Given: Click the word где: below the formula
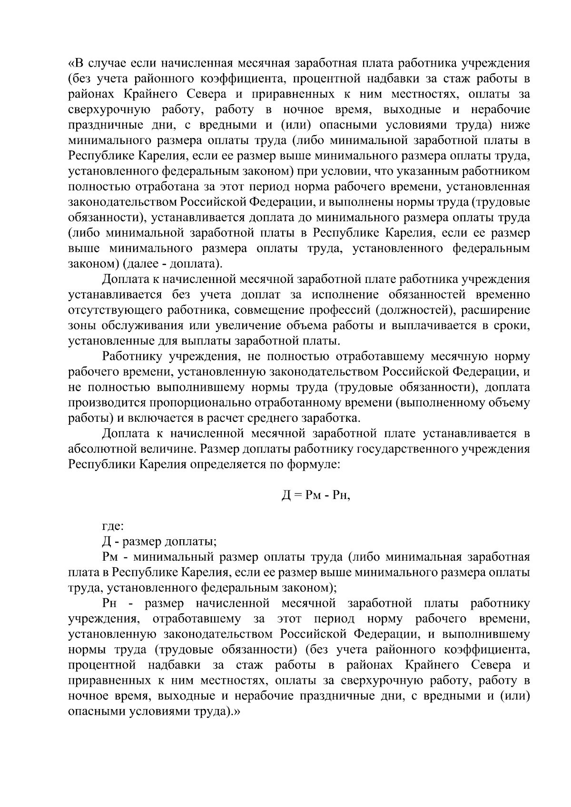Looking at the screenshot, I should (x=113, y=526).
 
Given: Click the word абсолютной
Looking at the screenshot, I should (x=99, y=449).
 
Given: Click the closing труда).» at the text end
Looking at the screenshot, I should (x=216, y=711).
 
